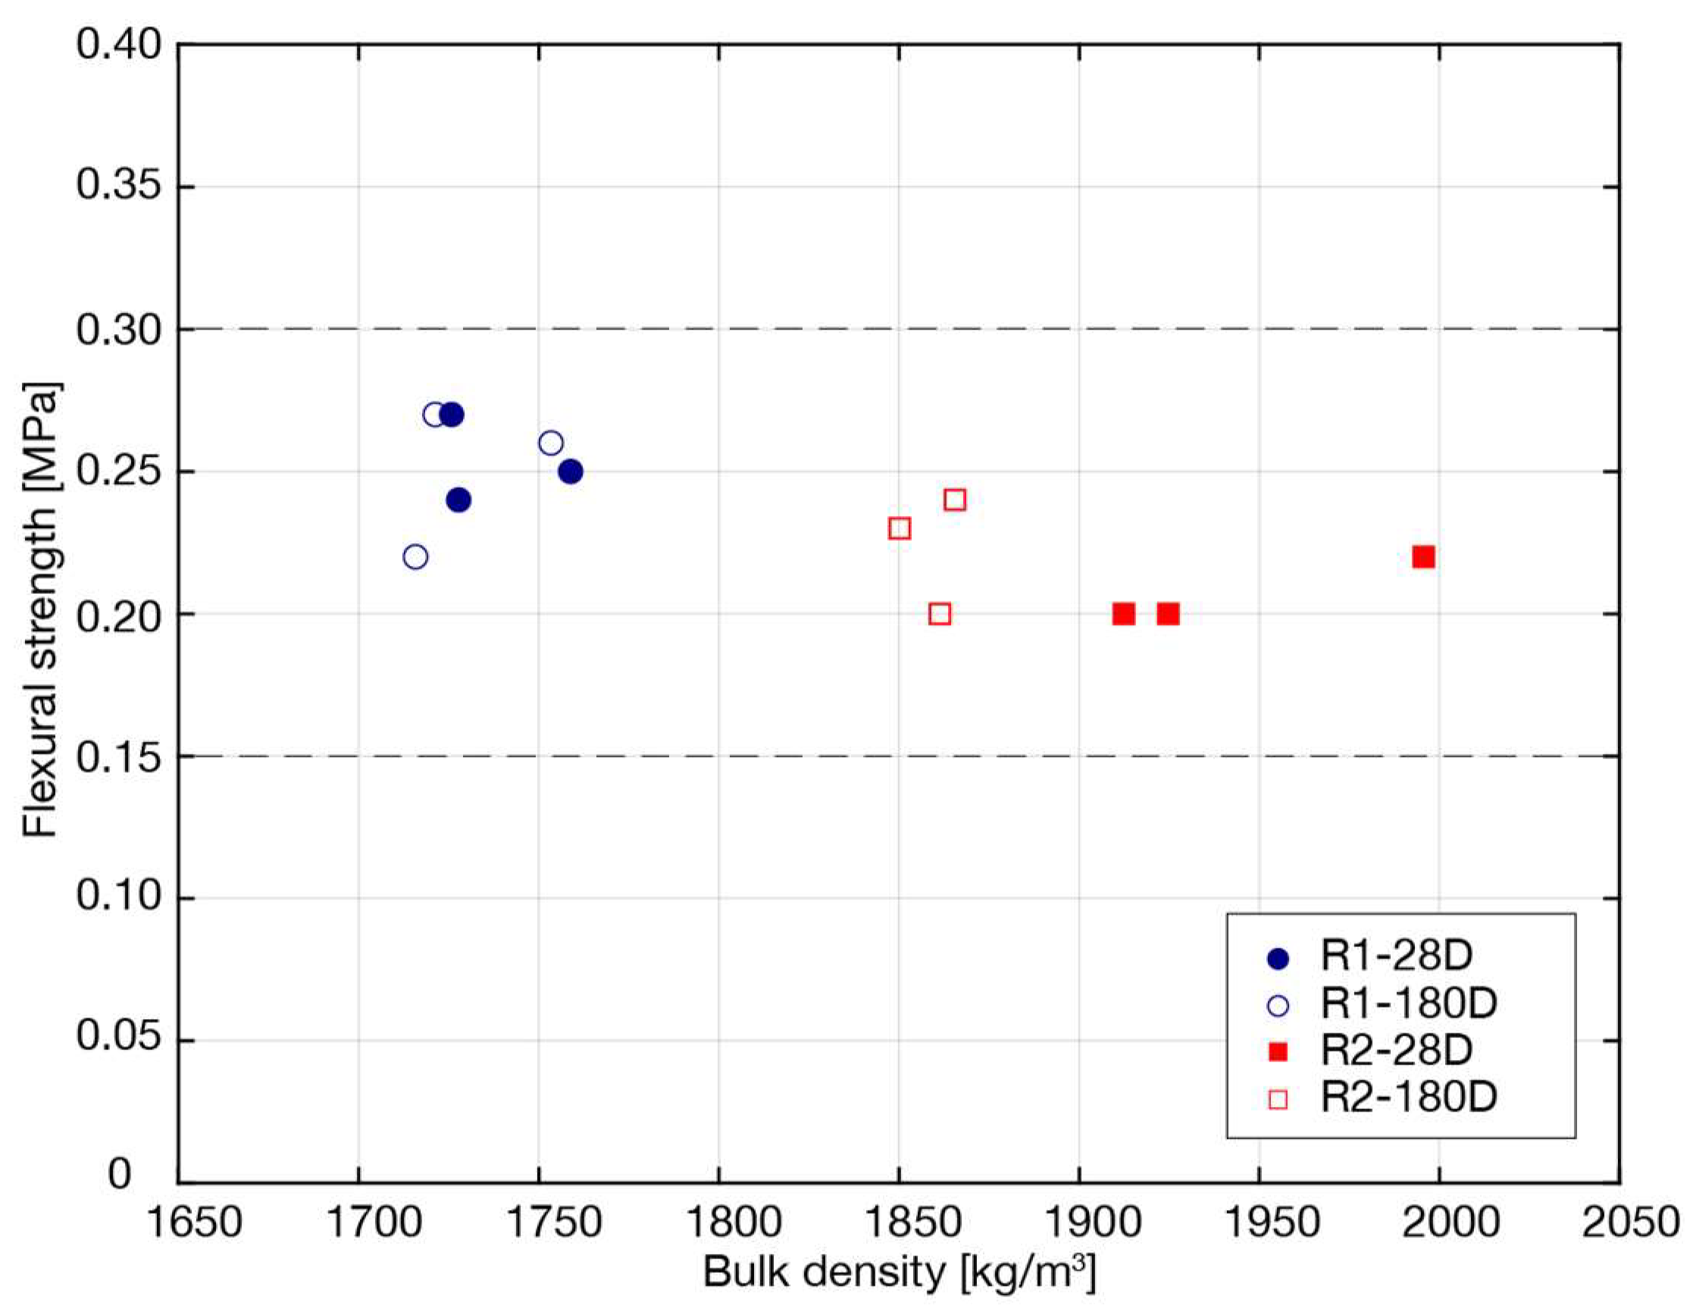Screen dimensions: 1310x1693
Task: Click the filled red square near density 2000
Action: coord(1423,557)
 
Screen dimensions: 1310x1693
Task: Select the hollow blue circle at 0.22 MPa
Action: coord(415,557)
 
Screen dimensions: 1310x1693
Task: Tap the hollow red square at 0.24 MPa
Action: coord(955,500)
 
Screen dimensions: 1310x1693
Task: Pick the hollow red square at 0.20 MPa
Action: coord(940,614)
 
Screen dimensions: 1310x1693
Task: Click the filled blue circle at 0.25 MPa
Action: coord(571,471)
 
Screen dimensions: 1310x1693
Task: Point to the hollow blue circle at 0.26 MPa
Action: coord(550,443)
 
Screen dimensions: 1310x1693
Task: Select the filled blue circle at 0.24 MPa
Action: coord(458,500)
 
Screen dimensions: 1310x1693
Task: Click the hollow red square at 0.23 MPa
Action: coord(900,529)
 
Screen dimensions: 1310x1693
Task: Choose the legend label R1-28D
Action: coord(1395,955)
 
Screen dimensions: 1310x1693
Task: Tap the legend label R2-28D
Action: coord(1395,1050)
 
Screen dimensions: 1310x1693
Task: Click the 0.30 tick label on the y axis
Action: coord(120,330)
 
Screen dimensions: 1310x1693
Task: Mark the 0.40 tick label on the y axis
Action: coord(120,45)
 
